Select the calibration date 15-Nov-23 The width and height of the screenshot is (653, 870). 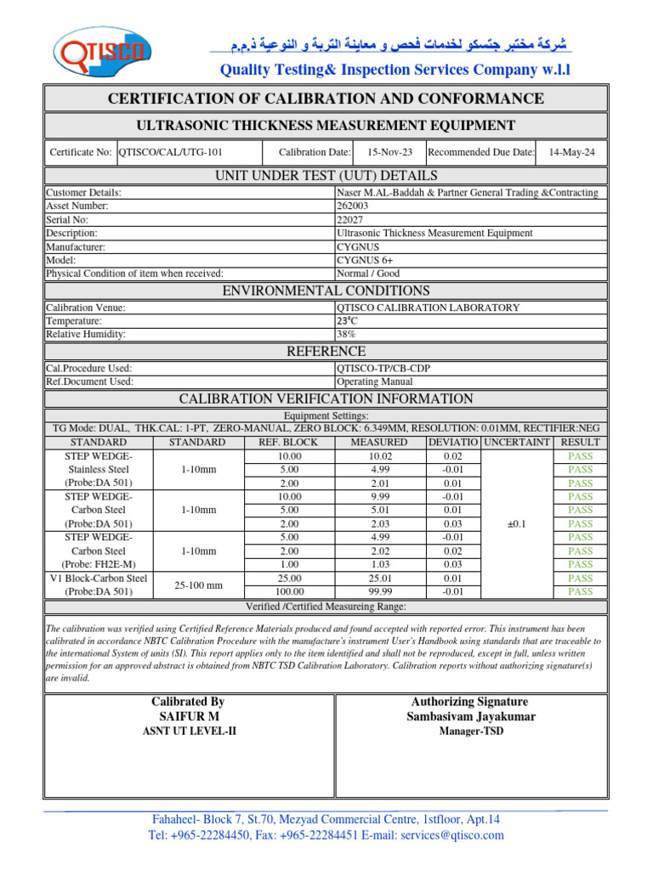(x=389, y=152)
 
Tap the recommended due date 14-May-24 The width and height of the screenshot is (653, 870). (x=572, y=152)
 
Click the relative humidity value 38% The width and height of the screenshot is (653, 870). (x=347, y=335)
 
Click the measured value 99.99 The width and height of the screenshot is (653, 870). (x=375, y=592)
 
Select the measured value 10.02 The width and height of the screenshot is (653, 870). (x=375, y=456)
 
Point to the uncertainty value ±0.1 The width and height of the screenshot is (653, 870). (x=516, y=524)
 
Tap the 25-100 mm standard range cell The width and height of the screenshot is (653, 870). (x=196, y=585)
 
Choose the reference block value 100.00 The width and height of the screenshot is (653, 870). (x=291, y=592)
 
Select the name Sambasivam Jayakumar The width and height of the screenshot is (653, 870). (x=469, y=717)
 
